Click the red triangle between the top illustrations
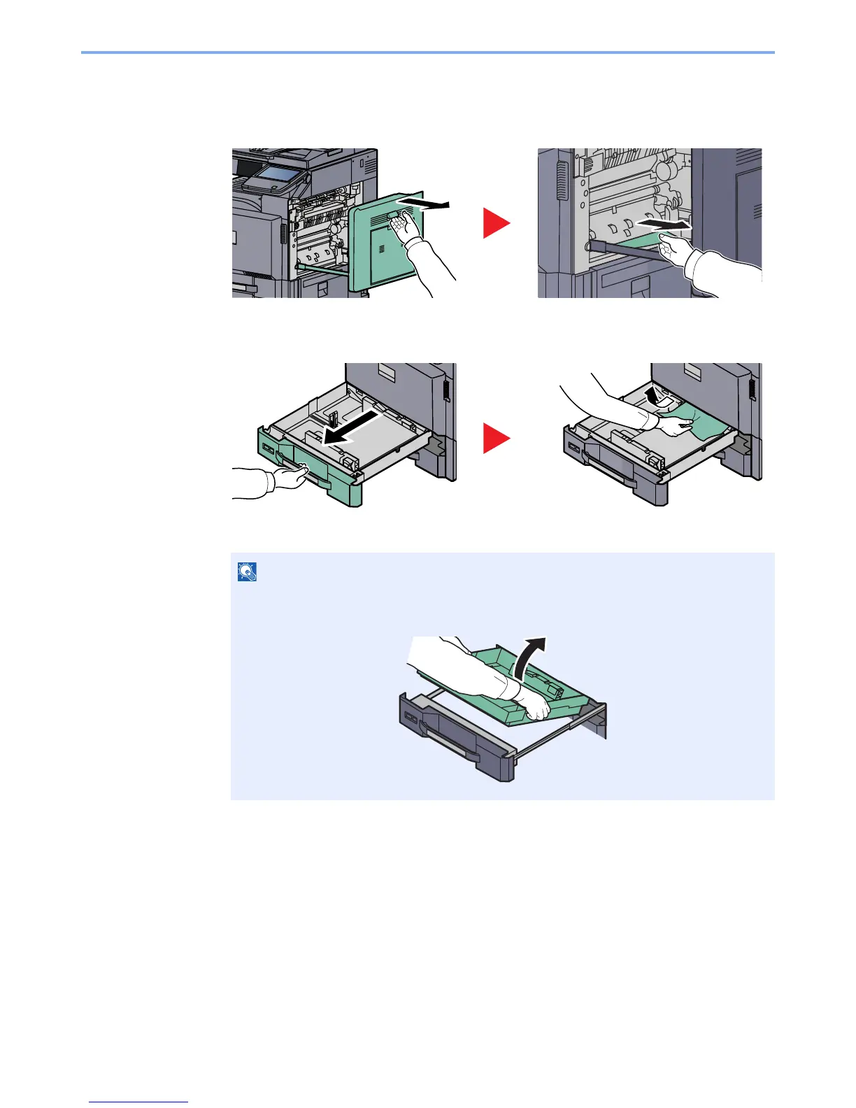[x=496, y=224]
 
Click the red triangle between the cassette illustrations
[x=496, y=439]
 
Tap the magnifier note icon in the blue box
[x=248, y=572]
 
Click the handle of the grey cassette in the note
[x=451, y=748]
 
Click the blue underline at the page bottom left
[x=138, y=1102]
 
